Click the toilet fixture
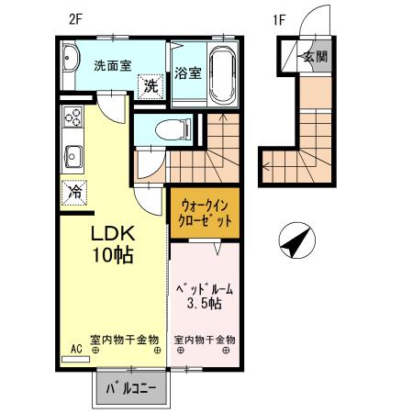point(173,130)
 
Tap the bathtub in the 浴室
point(224,74)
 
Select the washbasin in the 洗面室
point(71,58)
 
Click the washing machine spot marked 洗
point(151,86)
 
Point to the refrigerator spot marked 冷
point(74,192)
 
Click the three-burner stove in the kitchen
point(73,117)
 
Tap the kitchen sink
point(73,157)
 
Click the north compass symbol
point(297,240)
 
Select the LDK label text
point(113,234)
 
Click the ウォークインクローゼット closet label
point(205,213)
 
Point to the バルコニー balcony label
point(131,388)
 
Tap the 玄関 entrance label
point(316,56)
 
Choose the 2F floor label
point(75,19)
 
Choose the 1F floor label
point(279,20)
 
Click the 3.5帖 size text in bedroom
point(205,304)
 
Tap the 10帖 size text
point(113,254)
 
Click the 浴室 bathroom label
point(188,73)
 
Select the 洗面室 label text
point(113,65)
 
